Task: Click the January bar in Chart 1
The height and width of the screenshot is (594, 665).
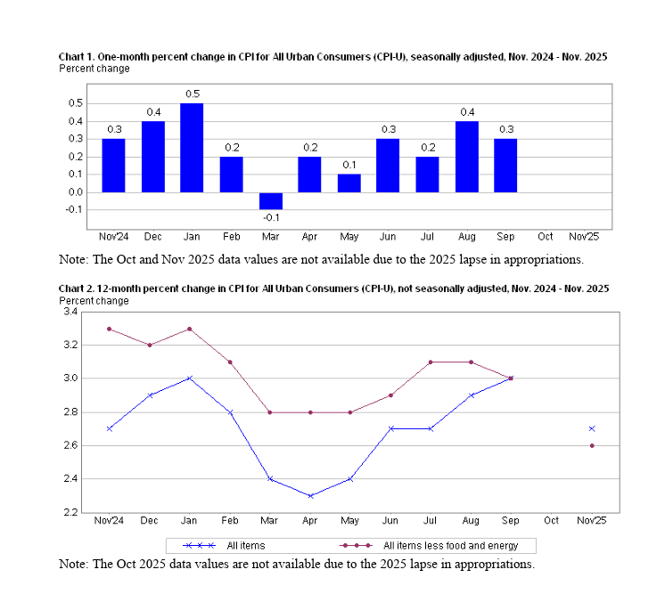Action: tap(192, 148)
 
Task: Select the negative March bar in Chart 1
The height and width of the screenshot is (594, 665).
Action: tap(271, 201)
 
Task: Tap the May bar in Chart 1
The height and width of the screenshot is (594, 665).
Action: tap(349, 183)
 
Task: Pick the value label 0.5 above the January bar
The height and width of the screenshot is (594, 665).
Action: tap(193, 94)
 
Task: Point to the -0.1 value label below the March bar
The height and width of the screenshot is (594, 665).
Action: tap(271, 218)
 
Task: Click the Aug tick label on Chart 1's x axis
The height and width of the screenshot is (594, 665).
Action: tap(467, 236)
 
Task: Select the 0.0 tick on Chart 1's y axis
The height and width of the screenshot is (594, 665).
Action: tap(75, 192)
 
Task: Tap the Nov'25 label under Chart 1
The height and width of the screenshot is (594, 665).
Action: tap(584, 236)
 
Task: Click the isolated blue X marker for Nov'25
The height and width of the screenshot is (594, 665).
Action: tap(592, 428)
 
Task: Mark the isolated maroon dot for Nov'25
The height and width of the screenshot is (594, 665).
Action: tap(592, 445)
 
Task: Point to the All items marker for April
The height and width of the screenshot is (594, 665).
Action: tap(311, 496)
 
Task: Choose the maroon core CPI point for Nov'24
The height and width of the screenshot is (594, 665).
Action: tap(110, 329)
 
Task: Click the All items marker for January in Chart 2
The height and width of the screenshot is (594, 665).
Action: tap(190, 378)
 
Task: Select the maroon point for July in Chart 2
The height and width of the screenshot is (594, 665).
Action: tap(431, 362)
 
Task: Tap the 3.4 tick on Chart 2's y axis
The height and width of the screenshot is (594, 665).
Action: tap(70, 312)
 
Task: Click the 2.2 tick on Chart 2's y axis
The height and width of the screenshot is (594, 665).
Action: tap(70, 513)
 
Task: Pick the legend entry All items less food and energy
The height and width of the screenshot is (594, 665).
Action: tap(429, 546)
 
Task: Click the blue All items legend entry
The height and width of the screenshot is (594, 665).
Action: tap(224, 546)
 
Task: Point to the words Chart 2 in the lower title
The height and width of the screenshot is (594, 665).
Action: tap(77, 289)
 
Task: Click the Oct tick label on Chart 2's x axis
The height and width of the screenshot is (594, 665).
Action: tap(551, 520)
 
